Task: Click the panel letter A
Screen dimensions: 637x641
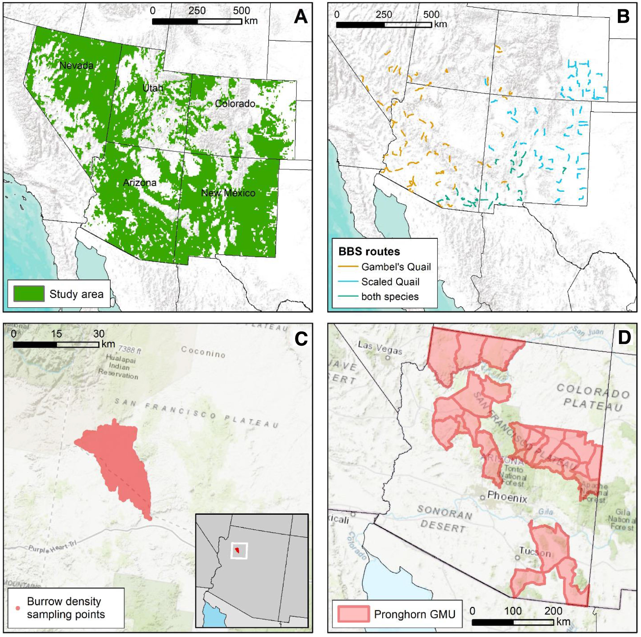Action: [x=301, y=16]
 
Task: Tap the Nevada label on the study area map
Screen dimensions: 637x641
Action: [x=76, y=65]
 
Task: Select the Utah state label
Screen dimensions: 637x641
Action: [x=153, y=88]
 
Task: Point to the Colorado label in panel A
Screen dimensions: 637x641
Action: [x=235, y=103]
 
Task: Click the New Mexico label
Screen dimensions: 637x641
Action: [x=228, y=193]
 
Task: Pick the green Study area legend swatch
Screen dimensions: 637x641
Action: [x=29, y=294]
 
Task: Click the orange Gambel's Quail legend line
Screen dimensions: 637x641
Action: [x=348, y=267]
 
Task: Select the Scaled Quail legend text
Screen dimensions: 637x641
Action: [x=390, y=282]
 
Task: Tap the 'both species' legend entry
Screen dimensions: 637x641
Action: [x=390, y=297]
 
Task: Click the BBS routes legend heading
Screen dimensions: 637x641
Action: [x=369, y=252]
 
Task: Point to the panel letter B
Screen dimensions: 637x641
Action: [x=623, y=16]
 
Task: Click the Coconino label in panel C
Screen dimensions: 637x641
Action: [x=203, y=352]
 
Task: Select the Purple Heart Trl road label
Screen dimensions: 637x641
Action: [x=52, y=547]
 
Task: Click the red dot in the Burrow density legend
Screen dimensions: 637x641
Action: [x=17, y=608]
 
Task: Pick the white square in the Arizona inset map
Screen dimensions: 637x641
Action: [x=239, y=550]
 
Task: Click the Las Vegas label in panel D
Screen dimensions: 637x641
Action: [x=380, y=347]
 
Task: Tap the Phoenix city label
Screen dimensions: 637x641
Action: [x=507, y=497]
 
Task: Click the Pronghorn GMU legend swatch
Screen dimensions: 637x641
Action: [x=353, y=614]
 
